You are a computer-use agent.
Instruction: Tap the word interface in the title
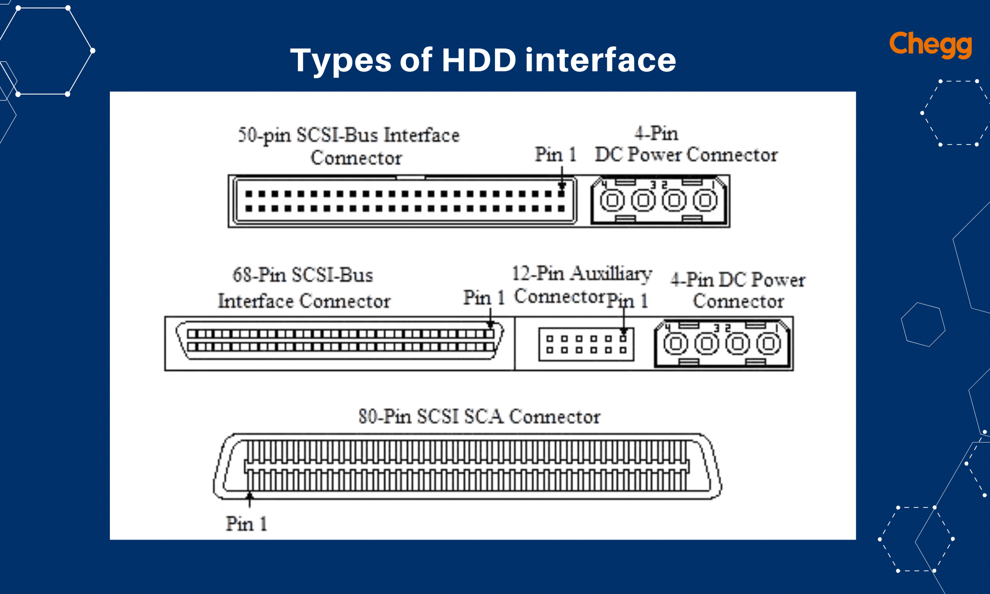coord(600,60)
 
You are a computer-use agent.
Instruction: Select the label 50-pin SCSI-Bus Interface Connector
coord(349,146)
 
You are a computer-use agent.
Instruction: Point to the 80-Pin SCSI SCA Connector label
coord(479,416)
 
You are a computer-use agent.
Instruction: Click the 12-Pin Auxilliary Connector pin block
coord(586,344)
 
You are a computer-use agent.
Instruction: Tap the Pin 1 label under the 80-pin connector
coord(246,523)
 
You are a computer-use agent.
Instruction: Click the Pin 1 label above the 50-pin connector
coord(555,154)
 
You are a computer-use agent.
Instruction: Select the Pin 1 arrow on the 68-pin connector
coord(490,318)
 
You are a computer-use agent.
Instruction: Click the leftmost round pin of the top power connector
coord(612,200)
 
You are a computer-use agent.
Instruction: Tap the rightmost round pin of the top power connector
coord(705,200)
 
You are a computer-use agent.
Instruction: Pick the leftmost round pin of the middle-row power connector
coord(676,344)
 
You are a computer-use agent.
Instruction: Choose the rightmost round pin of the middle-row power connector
coord(768,344)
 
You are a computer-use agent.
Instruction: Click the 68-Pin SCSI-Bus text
coord(303,275)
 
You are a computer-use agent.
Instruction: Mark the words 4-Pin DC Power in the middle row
coord(738,280)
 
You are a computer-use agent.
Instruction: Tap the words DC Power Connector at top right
coord(686,154)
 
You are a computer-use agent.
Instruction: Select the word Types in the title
coord(341,61)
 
